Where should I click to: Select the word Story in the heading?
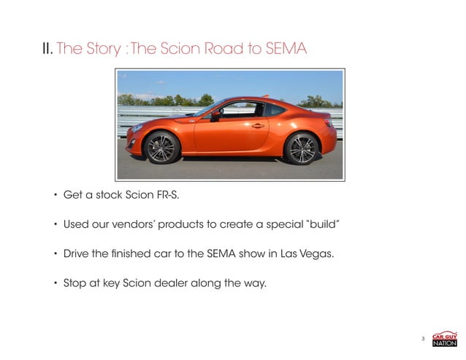(100, 50)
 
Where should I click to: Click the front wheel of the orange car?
(161, 147)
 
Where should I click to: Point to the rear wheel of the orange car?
(301, 148)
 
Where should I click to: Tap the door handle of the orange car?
(257, 126)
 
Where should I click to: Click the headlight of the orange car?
(137, 128)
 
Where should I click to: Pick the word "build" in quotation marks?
(317, 223)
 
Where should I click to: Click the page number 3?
(424, 338)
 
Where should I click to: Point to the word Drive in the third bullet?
(77, 250)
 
